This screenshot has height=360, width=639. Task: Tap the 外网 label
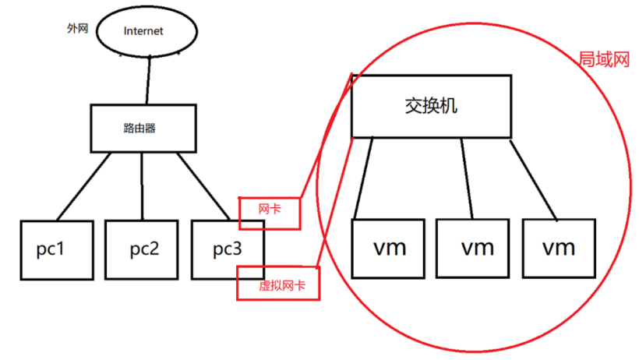(78, 28)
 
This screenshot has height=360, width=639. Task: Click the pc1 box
(57, 249)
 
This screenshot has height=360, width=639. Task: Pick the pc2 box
(143, 249)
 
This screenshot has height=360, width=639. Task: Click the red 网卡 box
(270, 213)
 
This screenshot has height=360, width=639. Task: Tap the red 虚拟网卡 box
(277, 285)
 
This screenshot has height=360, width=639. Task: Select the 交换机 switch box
(431, 106)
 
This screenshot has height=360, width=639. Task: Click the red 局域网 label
(603, 60)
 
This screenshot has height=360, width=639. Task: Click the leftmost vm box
(389, 248)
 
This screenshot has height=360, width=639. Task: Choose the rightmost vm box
(558, 248)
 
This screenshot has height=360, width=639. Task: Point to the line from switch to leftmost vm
(365, 178)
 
